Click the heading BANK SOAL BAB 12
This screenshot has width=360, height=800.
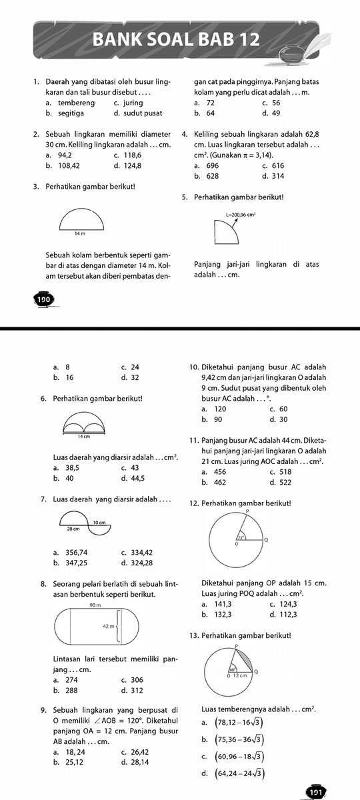pyautogui.click(x=176, y=41)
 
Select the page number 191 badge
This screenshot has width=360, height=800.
pyautogui.click(x=315, y=791)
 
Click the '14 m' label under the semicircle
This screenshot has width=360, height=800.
pyautogui.click(x=80, y=234)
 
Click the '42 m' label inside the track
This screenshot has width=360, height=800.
pyautogui.click(x=109, y=627)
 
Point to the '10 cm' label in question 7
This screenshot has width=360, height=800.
pyautogui.click(x=99, y=521)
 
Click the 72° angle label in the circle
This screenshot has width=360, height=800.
pyautogui.click(x=241, y=537)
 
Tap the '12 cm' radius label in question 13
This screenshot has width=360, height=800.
pyautogui.click(x=240, y=675)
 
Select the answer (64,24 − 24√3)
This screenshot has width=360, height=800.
pyautogui.click(x=237, y=773)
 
